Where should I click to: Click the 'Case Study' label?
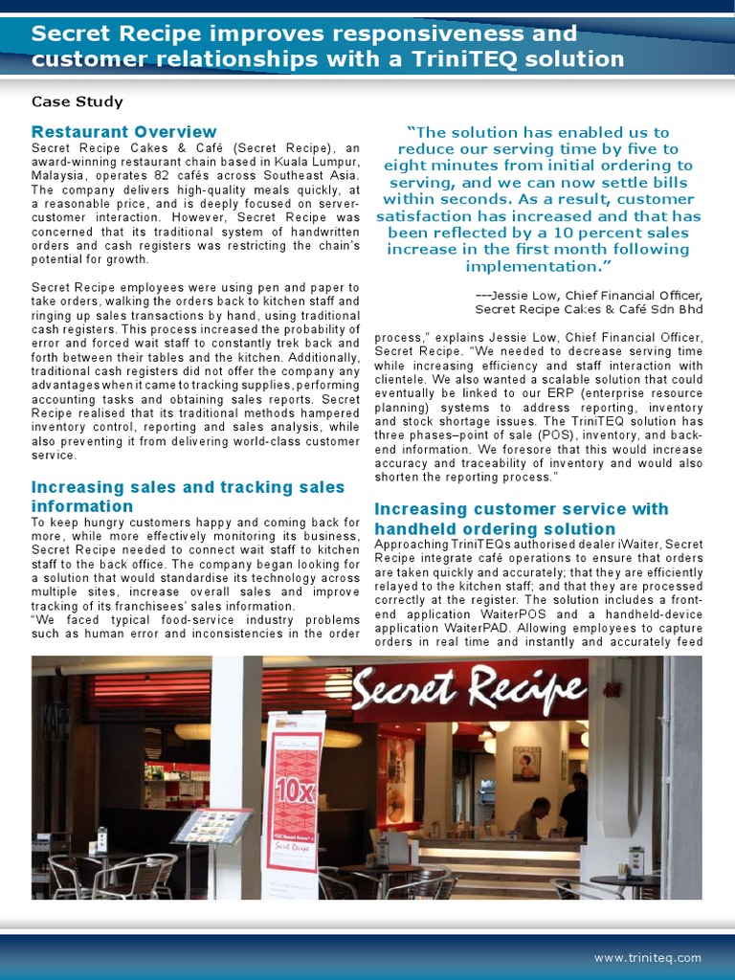[78, 101]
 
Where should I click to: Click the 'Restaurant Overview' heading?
[123, 131]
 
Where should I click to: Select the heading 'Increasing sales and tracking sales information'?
[188, 497]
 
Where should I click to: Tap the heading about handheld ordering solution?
[521, 519]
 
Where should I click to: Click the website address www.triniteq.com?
[647, 957]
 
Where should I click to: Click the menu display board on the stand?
[212, 825]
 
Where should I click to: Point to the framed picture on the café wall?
[525, 764]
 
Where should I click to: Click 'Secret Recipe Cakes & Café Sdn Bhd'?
[589, 309]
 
